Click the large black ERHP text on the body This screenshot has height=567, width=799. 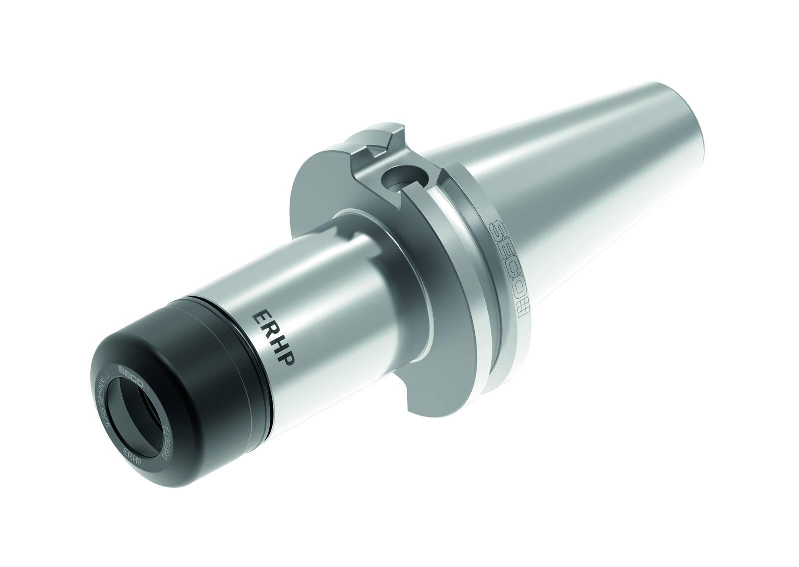click(x=272, y=338)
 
